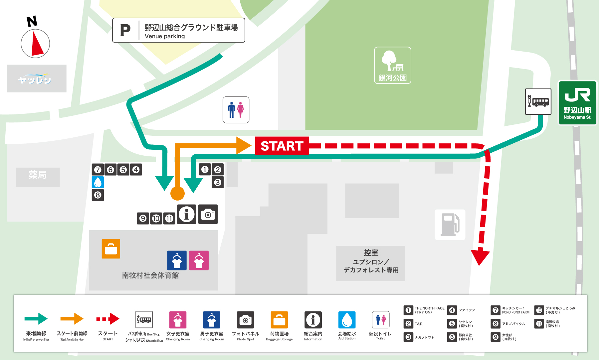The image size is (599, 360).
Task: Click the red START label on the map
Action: tap(282, 146)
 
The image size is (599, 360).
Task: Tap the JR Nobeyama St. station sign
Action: tap(577, 103)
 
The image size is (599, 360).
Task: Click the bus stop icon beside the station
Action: tap(538, 101)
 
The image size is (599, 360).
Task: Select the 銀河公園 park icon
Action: tap(392, 65)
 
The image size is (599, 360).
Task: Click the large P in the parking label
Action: tap(125, 31)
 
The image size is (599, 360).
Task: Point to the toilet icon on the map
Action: tap(236, 110)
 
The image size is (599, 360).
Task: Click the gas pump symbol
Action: tap(450, 225)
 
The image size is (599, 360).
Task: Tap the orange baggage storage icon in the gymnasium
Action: tap(111, 249)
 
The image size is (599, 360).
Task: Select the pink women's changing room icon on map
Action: tap(199, 260)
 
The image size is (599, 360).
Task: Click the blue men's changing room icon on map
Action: tap(177, 260)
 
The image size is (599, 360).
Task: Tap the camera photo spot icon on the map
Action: tap(208, 214)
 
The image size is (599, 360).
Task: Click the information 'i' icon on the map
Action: tap(186, 214)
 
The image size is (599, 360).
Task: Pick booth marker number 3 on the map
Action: tap(218, 182)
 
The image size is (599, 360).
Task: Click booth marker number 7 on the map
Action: tap(98, 170)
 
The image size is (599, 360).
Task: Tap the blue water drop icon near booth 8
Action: tap(98, 182)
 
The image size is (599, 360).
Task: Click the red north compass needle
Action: tap(37, 44)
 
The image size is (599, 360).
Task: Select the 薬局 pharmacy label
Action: tap(38, 175)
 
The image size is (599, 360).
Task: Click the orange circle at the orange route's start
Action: tap(177, 193)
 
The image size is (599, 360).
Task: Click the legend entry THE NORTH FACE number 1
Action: tap(408, 310)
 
